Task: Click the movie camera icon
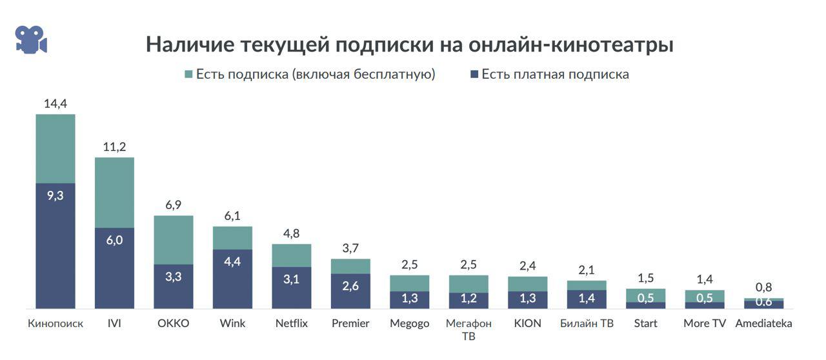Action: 31,40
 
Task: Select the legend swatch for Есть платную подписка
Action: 474,74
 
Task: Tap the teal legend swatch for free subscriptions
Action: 188,74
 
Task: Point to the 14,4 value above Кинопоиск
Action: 55,103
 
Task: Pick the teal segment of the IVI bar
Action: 114,192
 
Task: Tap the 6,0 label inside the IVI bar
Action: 114,240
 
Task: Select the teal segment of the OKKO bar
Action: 173,239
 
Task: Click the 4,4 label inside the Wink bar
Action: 232,262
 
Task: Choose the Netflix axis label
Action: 291,323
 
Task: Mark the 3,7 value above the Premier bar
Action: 350,248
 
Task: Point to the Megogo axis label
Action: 409,323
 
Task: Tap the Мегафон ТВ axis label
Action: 468,329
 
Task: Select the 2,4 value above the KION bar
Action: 527,266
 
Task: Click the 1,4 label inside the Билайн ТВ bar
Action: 587,298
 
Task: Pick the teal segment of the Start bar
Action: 645,295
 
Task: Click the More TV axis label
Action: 705,323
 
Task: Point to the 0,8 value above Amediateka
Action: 763,287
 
